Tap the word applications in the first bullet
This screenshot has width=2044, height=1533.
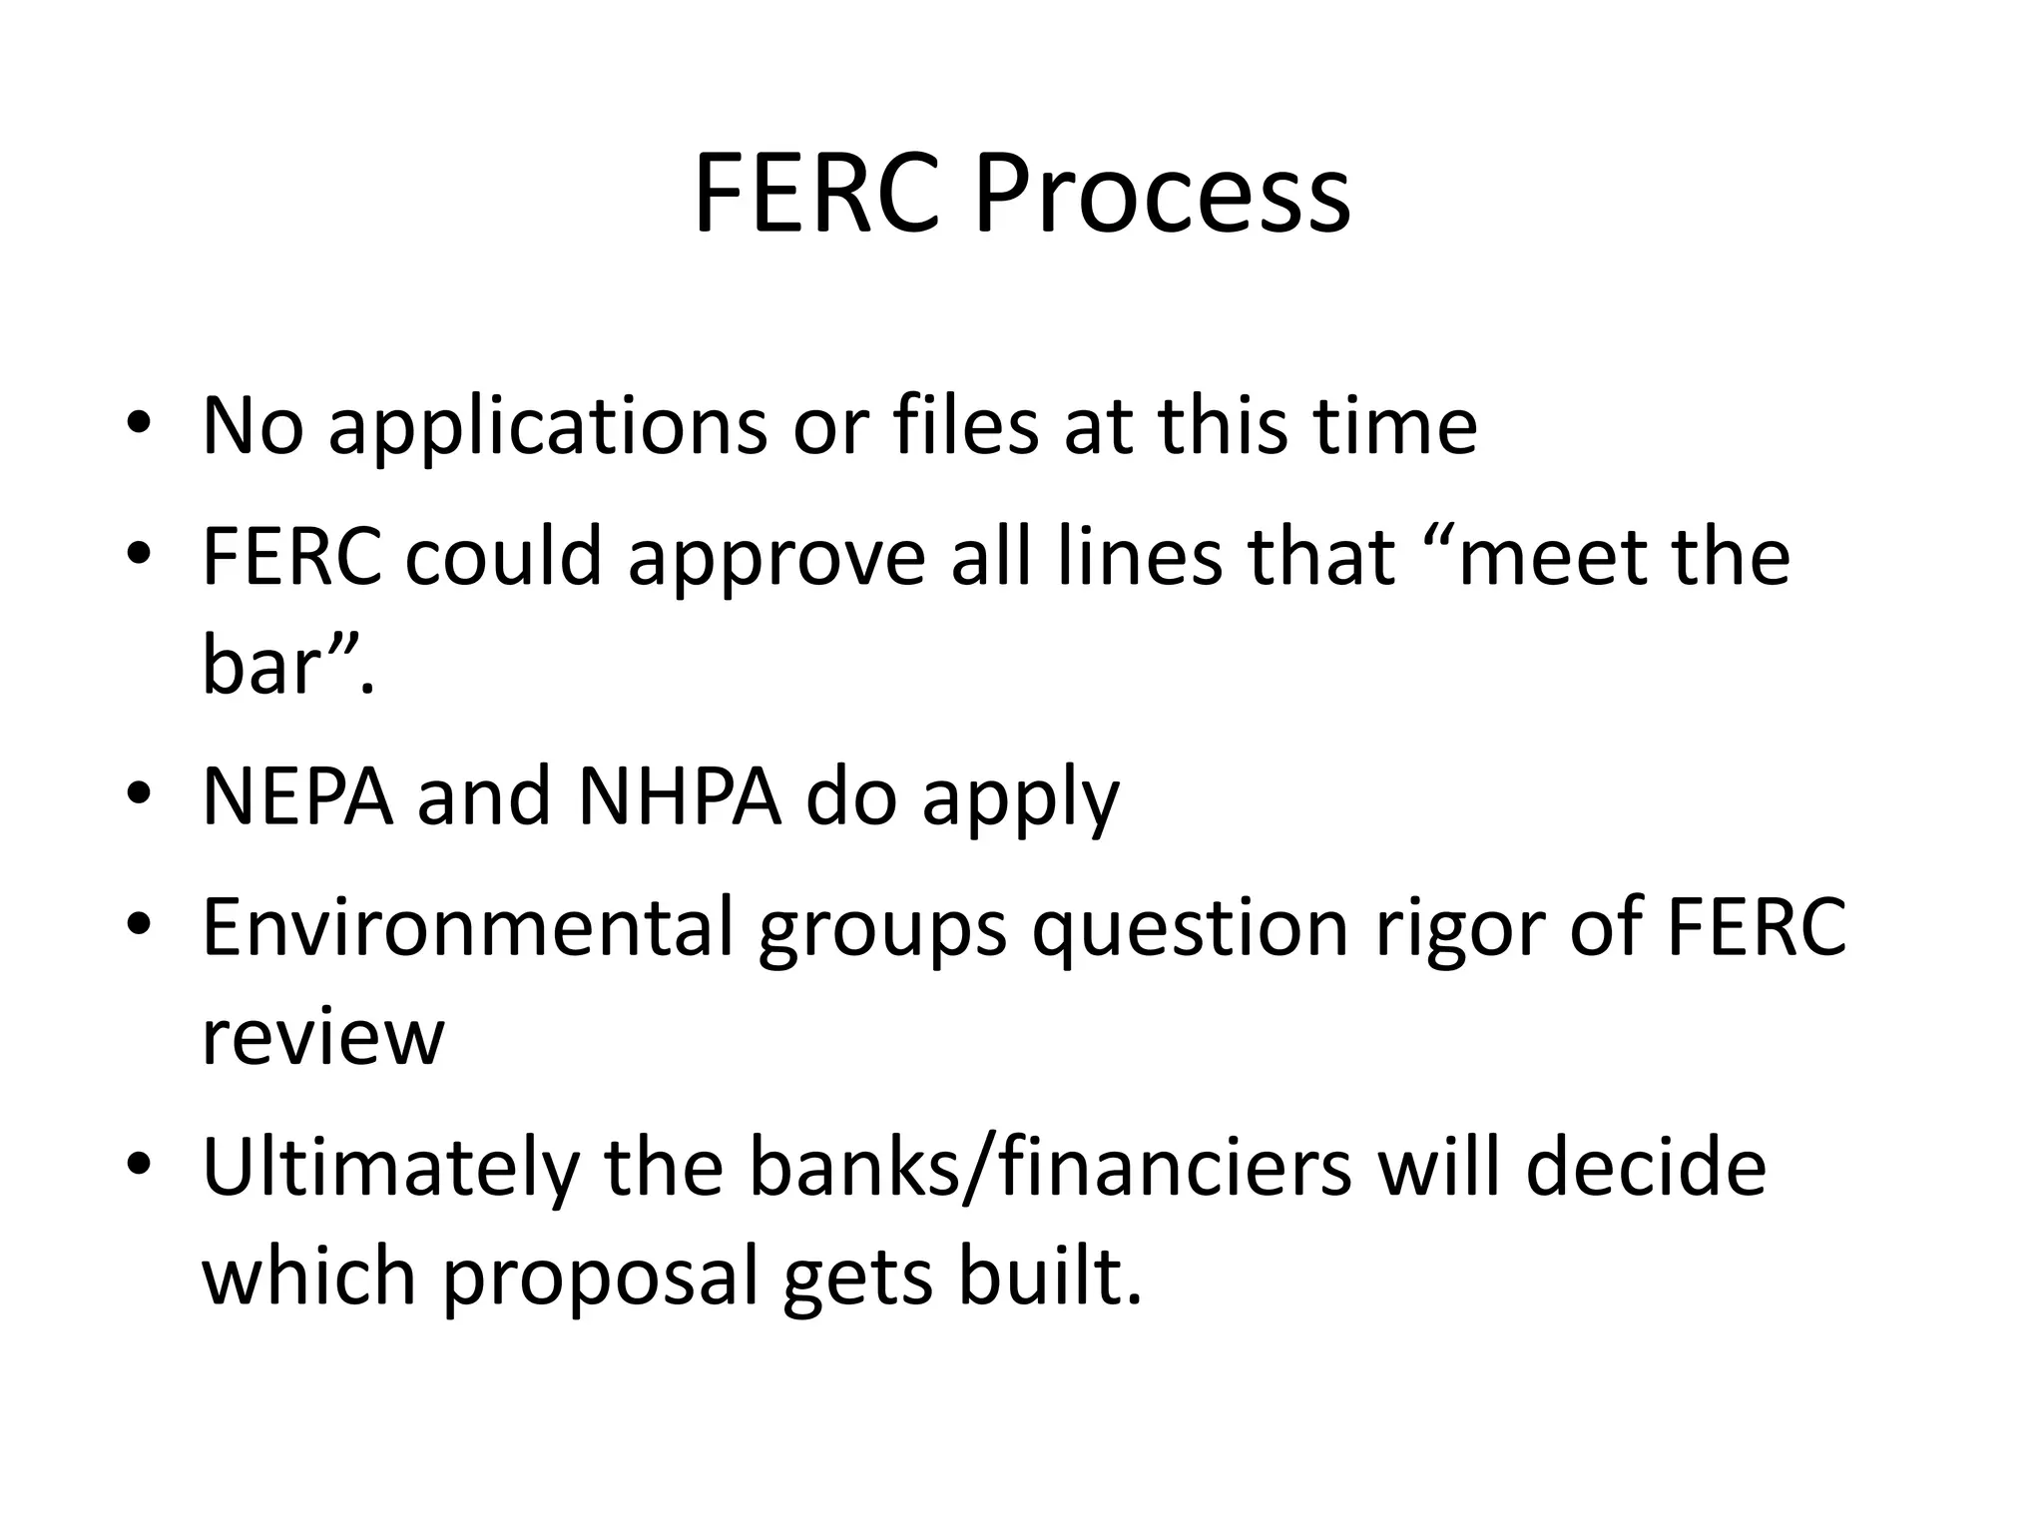(x=547, y=427)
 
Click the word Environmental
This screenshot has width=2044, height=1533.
(x=467, y=928)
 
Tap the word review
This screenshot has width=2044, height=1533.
(x=322, y=1038)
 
